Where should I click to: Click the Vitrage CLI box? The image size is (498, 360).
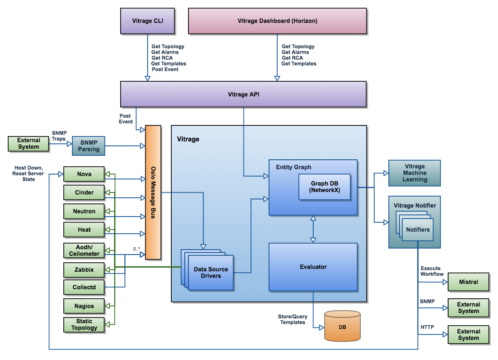click(x=148, y=20)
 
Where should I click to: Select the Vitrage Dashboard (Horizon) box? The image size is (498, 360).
click(x=277, y=20)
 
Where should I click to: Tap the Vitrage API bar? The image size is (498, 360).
click(x=243, y=94)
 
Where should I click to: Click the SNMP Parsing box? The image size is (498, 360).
click(x=89, y=146)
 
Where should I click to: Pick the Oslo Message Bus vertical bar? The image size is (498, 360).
click(x=153, y=192)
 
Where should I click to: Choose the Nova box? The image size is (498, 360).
click(x=84, y=174)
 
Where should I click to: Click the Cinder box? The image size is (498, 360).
click(x=84, y=192)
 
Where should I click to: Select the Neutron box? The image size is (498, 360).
click(x=84, y=211)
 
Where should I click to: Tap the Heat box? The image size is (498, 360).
click(x=84, y=230)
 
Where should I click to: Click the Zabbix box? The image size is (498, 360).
click(x=84, y=270)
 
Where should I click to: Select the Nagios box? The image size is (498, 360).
click(x=84, y=306)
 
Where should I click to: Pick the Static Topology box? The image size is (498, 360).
click(x=84, y=324)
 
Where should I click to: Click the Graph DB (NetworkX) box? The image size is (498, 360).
click(x=325, y=187)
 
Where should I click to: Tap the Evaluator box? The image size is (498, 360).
click(x=313, y=267)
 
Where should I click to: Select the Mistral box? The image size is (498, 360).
click(x=469, y=282)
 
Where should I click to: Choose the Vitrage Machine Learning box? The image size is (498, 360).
click(x=415, y=173)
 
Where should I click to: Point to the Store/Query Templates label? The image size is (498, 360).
click(x=293, y=319)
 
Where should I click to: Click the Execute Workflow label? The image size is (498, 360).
click(x=432, y=271)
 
